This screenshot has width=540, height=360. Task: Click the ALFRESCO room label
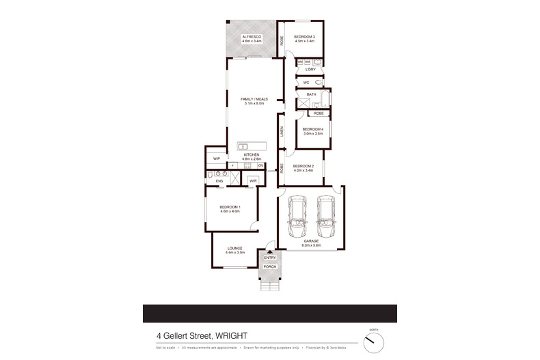coord(252,36)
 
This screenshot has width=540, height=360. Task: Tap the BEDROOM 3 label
coord(303,36)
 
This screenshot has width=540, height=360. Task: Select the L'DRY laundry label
coord(311,70)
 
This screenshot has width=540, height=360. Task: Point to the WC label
coord(307,83)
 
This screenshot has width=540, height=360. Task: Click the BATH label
coord(311,94)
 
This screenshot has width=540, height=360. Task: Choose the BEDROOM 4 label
coord(312,129)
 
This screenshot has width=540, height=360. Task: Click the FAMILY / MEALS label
coord(254,99)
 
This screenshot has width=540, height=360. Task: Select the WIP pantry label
coord(216,158)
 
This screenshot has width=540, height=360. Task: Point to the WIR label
coord(253,180)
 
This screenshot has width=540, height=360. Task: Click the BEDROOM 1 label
coord(230,207)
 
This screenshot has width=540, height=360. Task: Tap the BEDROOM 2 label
coord(303,166)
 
